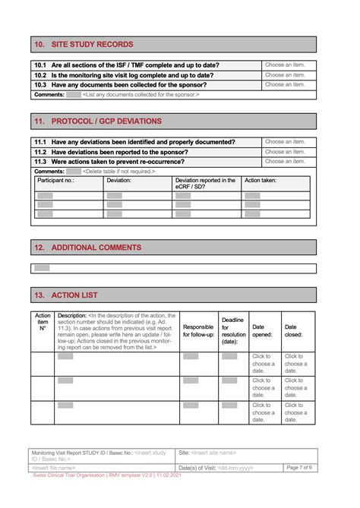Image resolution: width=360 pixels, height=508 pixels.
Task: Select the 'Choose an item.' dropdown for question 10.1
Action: coord(285,65)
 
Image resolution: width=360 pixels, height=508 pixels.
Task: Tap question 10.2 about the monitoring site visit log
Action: coord(123,75)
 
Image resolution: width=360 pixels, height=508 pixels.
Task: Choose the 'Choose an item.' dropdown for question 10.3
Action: coord(285,85)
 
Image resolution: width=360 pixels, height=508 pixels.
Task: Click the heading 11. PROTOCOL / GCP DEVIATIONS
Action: coord(98,121)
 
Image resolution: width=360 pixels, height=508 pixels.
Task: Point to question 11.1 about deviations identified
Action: coord(134,142)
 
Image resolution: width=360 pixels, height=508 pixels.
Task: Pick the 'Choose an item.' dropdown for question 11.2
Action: coord(285,152)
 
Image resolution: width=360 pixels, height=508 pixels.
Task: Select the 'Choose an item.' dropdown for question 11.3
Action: coord(285,162)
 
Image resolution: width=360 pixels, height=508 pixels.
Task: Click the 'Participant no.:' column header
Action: coord(56,181)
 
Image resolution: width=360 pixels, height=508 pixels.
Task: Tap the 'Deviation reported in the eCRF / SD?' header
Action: coord(205,184)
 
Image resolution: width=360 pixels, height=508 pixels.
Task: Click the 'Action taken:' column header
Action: coord(261,181)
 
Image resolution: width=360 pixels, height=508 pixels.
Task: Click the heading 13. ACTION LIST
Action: coord(66,295)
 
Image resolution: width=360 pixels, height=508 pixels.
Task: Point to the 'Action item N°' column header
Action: coord(43,322)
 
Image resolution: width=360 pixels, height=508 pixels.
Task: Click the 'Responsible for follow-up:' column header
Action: coord(198,331)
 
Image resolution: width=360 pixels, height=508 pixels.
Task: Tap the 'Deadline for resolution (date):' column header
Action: coord(232,331)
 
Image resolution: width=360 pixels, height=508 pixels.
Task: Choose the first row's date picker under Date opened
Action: coord(264,364)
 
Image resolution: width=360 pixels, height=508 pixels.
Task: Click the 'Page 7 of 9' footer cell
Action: coord(298,468)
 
